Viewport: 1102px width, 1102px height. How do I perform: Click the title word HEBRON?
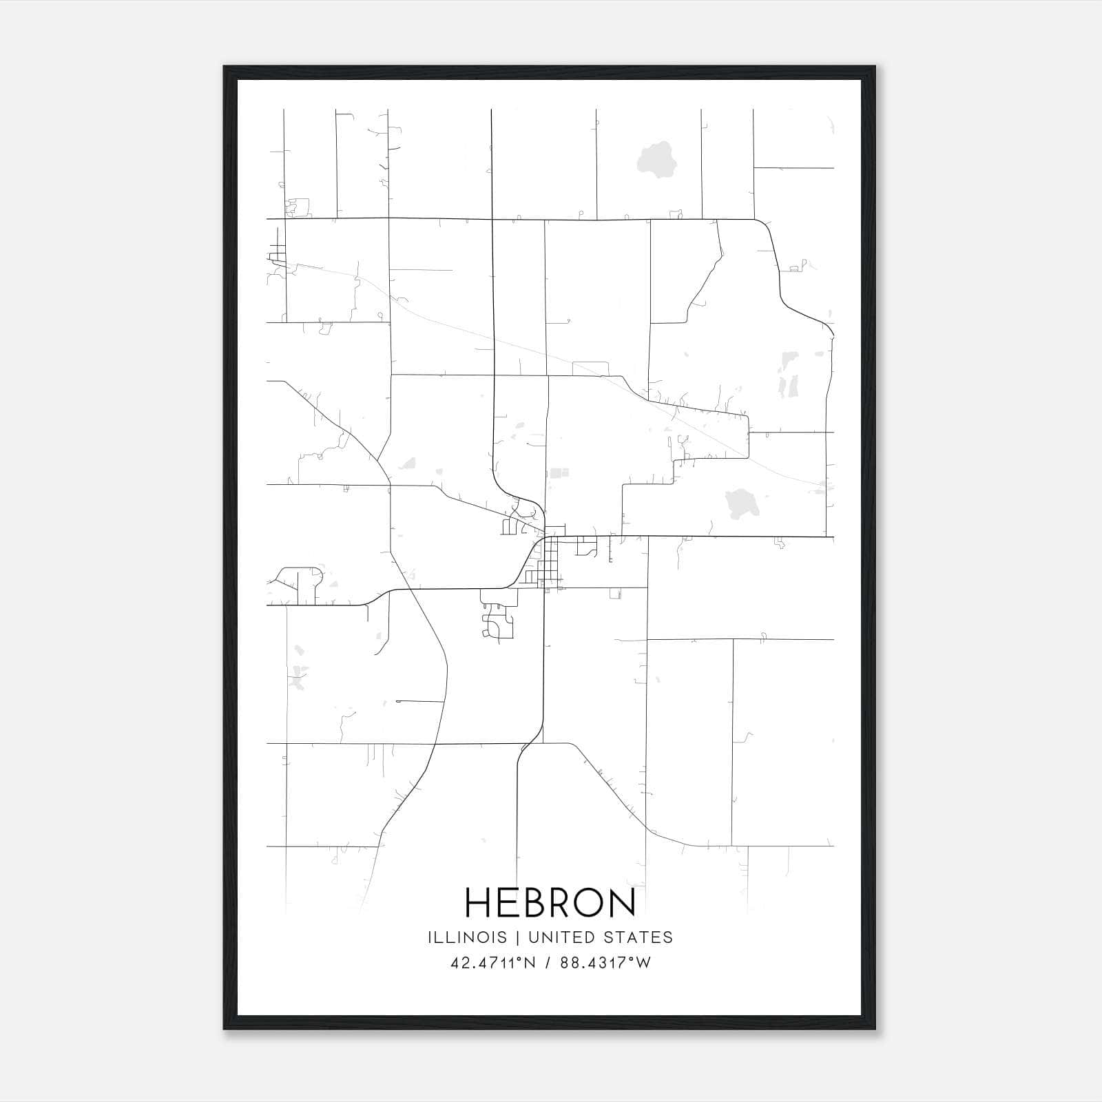point(550,902)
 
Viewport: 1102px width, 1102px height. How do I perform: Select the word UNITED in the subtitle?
point(572,937)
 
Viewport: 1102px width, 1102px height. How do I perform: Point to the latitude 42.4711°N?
point(493,963)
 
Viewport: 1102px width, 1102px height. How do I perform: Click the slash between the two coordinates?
point(548,963)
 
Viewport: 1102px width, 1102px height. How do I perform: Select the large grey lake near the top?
point(655,160)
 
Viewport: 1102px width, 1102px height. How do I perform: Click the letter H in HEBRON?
point(477,902)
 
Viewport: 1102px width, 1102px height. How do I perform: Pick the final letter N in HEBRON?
point(623,902)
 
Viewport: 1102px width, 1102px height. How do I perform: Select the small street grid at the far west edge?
point(278,252)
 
